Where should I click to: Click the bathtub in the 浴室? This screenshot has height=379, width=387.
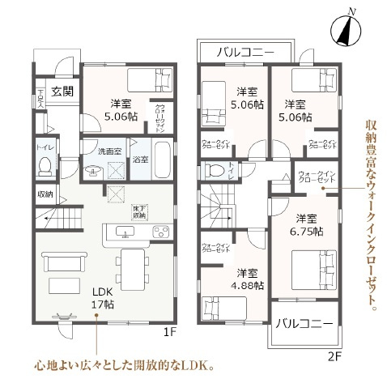[163, 160]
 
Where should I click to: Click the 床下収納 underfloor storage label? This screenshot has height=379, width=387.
[139, 212]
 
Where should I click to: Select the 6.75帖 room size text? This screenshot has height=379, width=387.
[308, 224]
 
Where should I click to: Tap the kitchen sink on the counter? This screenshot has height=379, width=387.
[126, 232]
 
